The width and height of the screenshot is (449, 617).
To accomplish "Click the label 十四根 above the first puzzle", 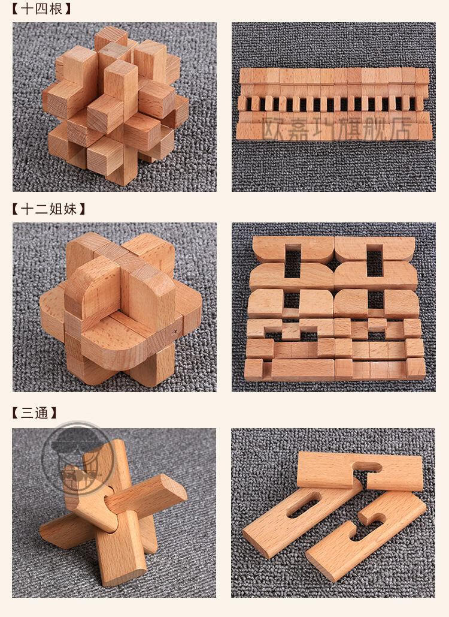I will coord(41,9).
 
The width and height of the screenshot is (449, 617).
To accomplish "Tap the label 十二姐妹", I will coord(48,209).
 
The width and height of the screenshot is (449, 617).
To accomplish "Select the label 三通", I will coord(34,413).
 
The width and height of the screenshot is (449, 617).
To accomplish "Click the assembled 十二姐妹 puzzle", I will coord(114,309).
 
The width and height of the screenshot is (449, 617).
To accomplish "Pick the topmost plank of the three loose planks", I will coord(359,471).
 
